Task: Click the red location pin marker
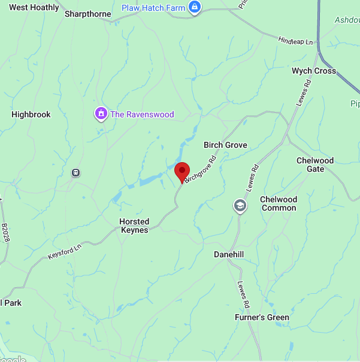[x=181, y=172]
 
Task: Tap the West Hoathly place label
[x=34, y=8]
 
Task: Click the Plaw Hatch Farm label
[x=153, y=8]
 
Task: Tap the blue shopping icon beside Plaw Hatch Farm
[x=194, y=7]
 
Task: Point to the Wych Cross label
[x=313, y=71]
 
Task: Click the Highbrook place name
[x=31, y=114]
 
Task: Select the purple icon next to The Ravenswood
[x=101, y=113]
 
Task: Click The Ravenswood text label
[x=142, y=114]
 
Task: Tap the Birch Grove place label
[x=225, y=145]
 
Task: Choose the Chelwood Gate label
[x=315, y=165]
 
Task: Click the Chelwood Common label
[x=278, y=203]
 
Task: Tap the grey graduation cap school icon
[x=240, y=206]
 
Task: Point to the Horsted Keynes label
[x=134, y=226]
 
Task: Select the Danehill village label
[x=229, y=254]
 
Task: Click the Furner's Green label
[x=262, y=317]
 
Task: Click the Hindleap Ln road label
[x=296, y=41]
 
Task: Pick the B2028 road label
[x=6, y=233]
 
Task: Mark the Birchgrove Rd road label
[x=199, y=170]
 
